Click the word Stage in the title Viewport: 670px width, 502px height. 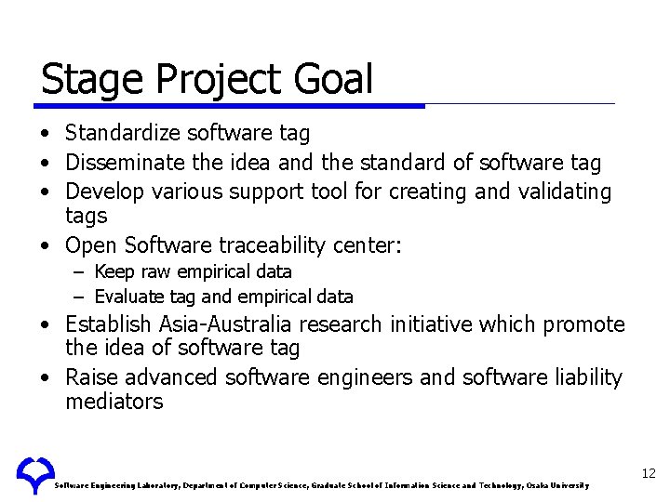(83, 79)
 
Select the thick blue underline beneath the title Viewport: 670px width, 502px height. (233, 105)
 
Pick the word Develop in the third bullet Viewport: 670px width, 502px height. (100, 192)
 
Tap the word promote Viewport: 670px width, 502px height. (584, 325)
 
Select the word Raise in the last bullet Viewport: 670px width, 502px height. (91, 377)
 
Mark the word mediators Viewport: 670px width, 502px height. (114, 402)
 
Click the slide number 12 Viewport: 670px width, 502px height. (649, 474)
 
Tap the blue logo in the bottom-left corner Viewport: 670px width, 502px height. (34, 474)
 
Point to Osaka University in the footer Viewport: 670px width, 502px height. (557, 485)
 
